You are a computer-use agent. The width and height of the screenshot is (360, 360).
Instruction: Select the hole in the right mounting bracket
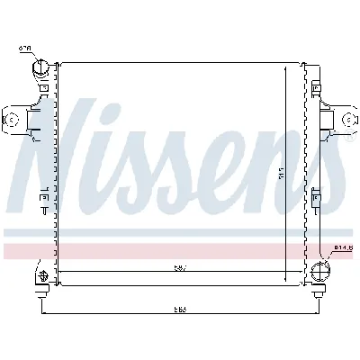(348, 119)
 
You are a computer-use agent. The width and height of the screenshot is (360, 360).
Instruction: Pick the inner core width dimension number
(180, 266)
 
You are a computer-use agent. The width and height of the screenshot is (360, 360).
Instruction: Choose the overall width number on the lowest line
(180, 310)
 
